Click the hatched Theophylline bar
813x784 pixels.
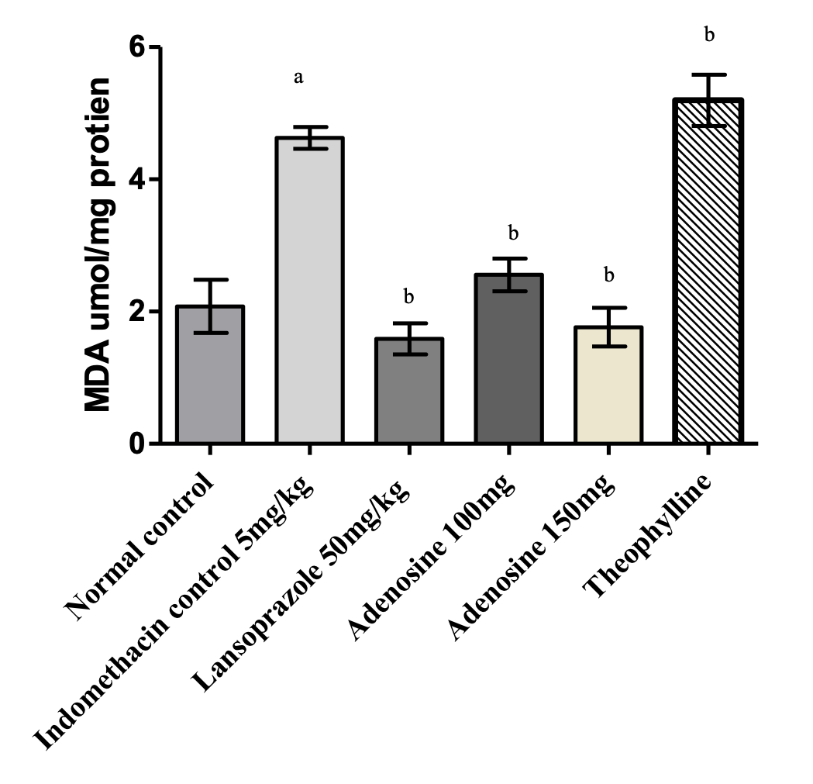(708, 272)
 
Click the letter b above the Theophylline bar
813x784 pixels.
(708, 34)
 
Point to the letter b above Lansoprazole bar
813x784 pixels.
(408, 296)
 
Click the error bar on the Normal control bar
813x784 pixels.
(210, 306)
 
